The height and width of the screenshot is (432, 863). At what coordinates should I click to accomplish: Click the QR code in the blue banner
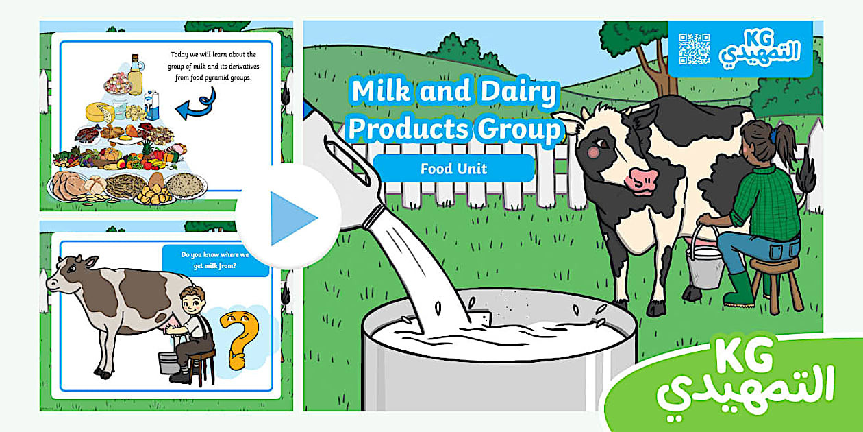click(695, 49)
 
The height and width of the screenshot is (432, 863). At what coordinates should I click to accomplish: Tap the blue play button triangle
click(294, 218)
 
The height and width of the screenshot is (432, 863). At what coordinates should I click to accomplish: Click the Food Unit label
click(454, 169)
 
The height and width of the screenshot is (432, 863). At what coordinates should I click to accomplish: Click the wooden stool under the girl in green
click(775, 283)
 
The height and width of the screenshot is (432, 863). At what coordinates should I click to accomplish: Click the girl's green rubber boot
click(739, 289)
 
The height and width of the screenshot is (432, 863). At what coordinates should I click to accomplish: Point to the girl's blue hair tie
click(774, 136)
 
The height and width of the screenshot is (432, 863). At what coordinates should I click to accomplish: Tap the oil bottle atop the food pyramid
click(135, 75)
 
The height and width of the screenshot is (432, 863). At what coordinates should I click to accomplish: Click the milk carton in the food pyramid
click(151, 105)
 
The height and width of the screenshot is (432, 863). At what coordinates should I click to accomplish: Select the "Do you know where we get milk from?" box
click(215, 261)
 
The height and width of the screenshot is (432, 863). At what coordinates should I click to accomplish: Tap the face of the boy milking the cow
click(192, 304)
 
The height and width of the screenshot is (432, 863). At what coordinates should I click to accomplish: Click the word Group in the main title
click(518, 130)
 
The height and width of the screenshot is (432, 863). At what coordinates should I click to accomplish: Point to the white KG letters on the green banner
click(744, 356)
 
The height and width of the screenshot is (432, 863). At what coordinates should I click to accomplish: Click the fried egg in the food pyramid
click(126, 139)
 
